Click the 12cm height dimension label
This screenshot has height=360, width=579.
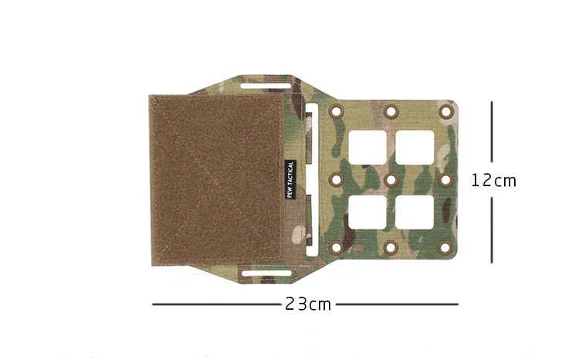click(493, 181)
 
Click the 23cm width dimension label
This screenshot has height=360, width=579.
click(308, 304)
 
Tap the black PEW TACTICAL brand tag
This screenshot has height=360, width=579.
click(290, 179)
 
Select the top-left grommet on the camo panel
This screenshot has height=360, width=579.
click(336, 111)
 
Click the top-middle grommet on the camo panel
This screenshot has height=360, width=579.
click(391, 111)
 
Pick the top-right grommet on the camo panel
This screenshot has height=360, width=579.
click(445, 111)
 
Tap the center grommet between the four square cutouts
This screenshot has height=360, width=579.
click(391, 180)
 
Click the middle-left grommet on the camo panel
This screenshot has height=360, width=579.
click(336, 180)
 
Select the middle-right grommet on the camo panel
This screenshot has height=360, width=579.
click(445, 180)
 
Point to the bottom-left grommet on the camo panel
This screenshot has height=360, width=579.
click(336, 248)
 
